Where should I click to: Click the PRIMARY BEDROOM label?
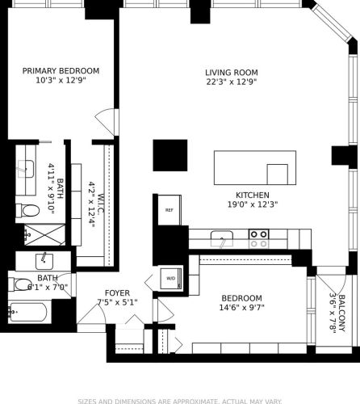(x=55, y=70)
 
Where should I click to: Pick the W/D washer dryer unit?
(x=171, y=279)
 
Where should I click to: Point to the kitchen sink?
(x=220, y=238)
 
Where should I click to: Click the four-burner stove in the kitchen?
(x=258, y=238)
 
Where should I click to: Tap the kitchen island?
(x=251, y=168)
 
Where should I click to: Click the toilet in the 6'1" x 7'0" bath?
(x=23, y=284)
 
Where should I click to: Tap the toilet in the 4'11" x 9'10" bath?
(x=27, y=212)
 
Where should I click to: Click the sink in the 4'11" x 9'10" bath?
(x=25, y=169)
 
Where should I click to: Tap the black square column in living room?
(x=170, y=155)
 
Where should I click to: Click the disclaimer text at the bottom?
(x=180, y=400)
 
